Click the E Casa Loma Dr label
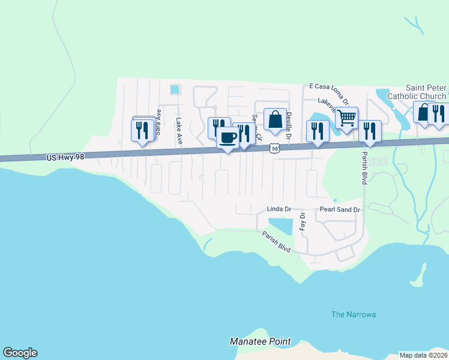pyautogui.click(x=328, y=88)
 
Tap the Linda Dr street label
pyautogui.click(x=279, y=209)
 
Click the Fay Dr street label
pyautogui.click(x=303, y=222)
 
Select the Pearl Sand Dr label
pyautogui.click(x=339, y=209)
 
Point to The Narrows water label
pyautogui.click(x=354, y=314)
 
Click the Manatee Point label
pyautogui.click(x=260, y=341)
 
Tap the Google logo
pyautogui.click(x=20, y=353)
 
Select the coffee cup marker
pyautogui.click(x=228, y=138)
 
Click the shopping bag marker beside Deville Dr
pyautogui.click(x=275, y=119)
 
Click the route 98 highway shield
pyautogui.click(x=275, y=148)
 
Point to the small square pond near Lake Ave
pyautogui.click(x=175, y=89)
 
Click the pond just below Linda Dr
pyautogui.click(x=280, y=226)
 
